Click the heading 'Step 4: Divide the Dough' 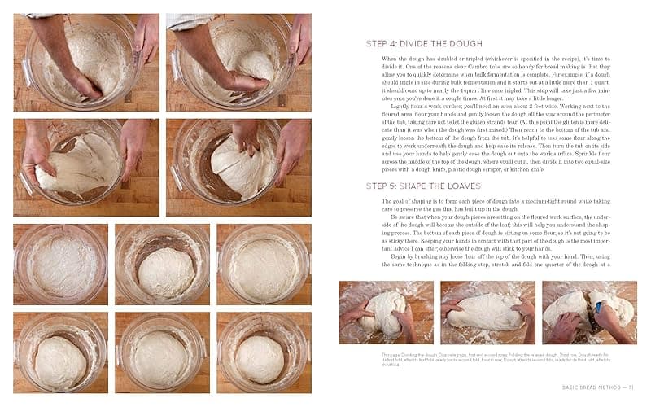coord(424,43)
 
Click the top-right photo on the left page coord(238,61)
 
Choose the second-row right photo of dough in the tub coord(238,167)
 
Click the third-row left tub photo coord(60,265)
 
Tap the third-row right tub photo coord(264,265)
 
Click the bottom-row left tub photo coord(60,352)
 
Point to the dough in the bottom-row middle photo coord(162,357)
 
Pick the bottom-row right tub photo coord(264,352)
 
